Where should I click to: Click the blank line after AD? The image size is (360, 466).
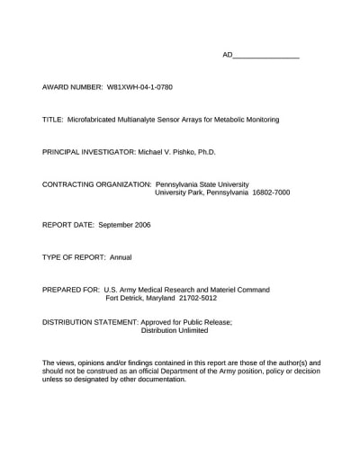coord(266,56)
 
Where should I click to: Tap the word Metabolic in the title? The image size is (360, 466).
coord(231,119)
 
